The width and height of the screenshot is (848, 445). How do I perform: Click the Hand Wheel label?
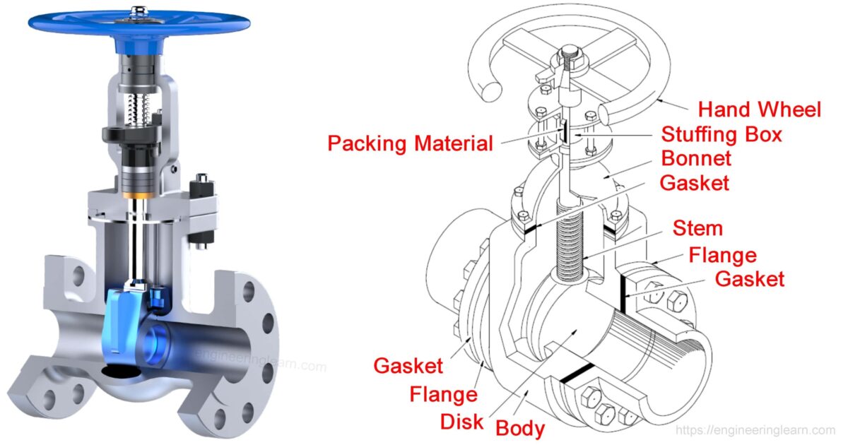pyautogui.click(x=760, y=109)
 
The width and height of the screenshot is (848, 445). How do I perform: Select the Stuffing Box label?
pyautogui.click(x=721, y=133)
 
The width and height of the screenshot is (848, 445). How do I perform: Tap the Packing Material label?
pyautogui.click(x=410, y=143)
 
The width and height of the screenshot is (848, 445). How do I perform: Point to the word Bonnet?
pyautogui.click(x=696, y=158)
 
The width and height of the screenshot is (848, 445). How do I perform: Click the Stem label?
pyautogui.click(x=697, y=228)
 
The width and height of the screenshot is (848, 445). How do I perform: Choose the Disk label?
pyautogui.click(x=461, y=422)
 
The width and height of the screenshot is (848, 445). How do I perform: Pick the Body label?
pyautogui.click(x=520, y=428)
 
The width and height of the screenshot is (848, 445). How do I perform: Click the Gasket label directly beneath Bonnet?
pyautogui.click(x=694, y=182)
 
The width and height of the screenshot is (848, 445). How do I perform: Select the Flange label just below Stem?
pyautogui.click(x=722, y=254)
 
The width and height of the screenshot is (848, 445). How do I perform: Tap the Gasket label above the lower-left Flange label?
pyautogui.click(x=408, y=366)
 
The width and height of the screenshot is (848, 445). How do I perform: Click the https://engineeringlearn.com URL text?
pyautogui.click(x=755, y=430)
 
